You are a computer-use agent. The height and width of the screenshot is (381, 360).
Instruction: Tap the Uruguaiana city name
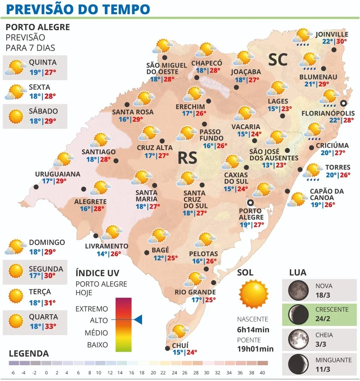click(x=58, y=173)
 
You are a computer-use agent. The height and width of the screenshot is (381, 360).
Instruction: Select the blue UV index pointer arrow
click(x=138, y=319)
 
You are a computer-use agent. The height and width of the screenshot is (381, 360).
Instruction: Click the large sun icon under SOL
click(x=254, y=294)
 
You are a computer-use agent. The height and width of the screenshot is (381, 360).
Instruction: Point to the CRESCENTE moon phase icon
click(x=296, y=313)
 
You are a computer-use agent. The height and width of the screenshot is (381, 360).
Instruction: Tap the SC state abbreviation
click(x=278, y=61)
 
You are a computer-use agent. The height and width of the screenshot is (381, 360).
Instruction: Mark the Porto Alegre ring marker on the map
click(x=250, y=203)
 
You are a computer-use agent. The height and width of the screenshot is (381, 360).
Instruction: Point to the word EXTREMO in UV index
click(x=92, y=309)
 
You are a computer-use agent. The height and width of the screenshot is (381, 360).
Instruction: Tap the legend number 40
click(x=262, y=372)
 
